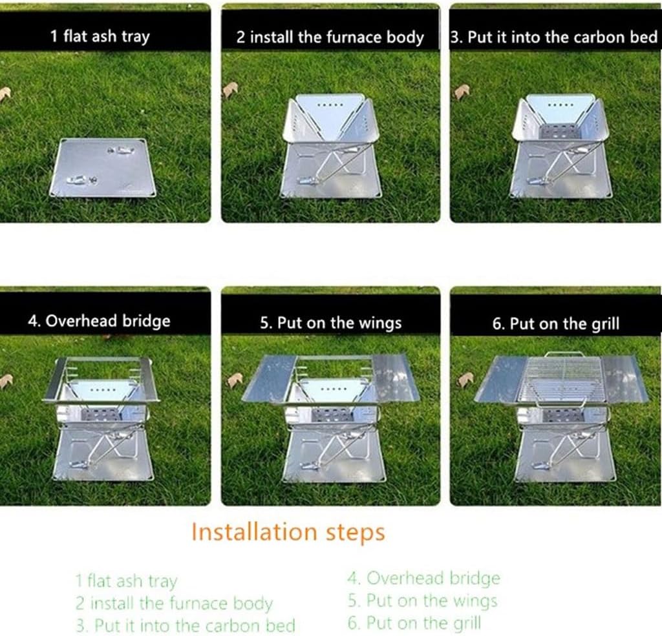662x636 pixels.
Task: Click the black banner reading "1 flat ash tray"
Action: pyautogui.click(x=105, y=31)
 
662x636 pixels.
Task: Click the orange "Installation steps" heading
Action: pyautogui.click(x=288, y=532)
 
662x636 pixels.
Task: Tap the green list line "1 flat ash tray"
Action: pyautogui.click(x=126, y=582)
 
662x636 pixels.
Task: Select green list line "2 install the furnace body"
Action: pyautogui.click(x=174, y=604)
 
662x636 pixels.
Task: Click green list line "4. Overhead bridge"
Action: pyautogui.click(x=424, y=579)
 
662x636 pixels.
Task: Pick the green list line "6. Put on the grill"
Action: pyautogui.click(x=414, y=622)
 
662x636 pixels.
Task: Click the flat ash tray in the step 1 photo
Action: pyautogui.click(x=103, y=168)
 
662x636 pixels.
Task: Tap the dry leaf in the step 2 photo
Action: pyautogui.click(x=230, y=90)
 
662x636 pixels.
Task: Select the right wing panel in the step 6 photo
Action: pyautogui.click(x=624, y=378)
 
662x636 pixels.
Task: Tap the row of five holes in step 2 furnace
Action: pyautogui.click(x=330, y=104)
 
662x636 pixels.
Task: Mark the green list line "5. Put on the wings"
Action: pyautogui.click(x=423, y=600)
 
